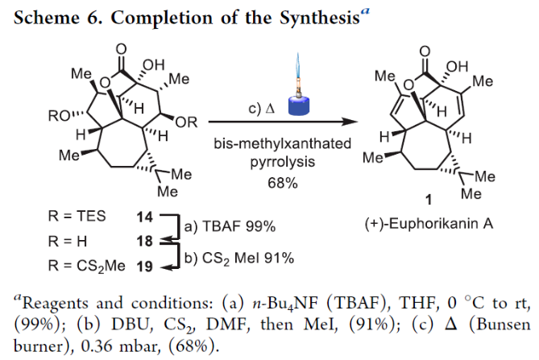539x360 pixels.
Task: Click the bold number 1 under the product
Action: point(436,198)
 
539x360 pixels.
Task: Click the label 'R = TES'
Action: point(73,217)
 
